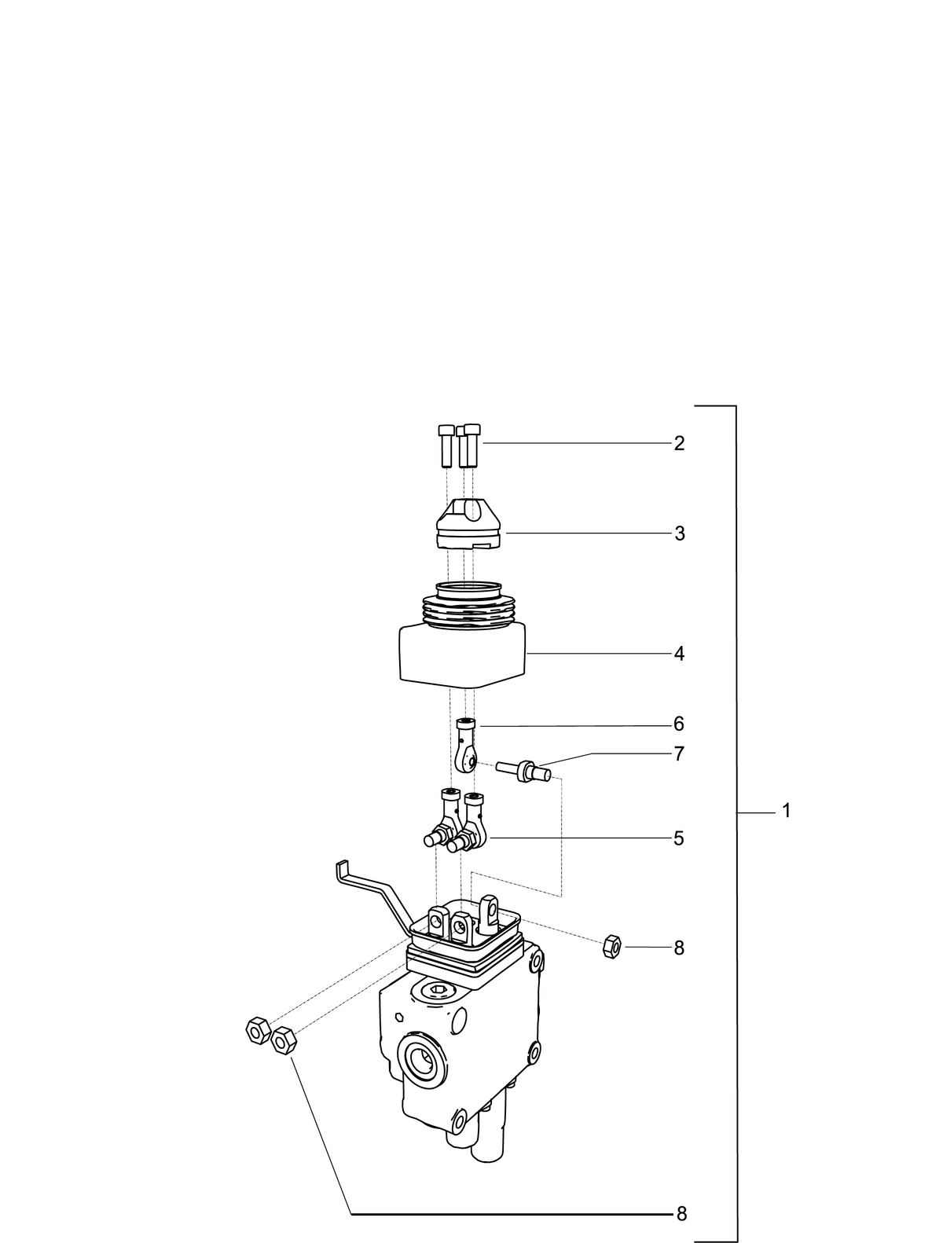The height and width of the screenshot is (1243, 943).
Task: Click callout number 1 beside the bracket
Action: pos(785,811)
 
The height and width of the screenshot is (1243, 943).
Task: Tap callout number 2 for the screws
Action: pos(679,443)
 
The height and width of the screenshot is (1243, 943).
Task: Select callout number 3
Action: pos(679,533)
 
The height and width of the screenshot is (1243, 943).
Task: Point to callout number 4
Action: pos(679,654)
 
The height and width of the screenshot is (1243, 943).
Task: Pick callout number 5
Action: pos(679,838)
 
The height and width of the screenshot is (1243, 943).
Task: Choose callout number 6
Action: pos(679,724)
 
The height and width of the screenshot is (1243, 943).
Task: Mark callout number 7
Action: pos(679,754)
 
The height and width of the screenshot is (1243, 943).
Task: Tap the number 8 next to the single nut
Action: pos(679,948)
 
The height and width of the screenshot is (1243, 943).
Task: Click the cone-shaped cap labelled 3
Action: pos(468,523)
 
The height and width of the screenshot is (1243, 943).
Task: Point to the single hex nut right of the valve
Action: pos(612,946)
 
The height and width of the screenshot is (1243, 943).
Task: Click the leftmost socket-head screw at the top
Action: pos(446,445)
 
